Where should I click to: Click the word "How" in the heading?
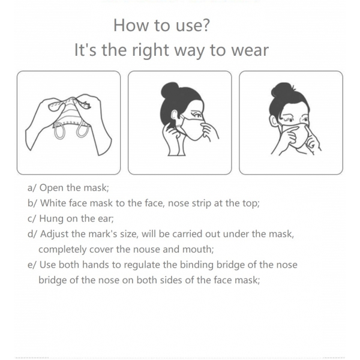coord(131,25)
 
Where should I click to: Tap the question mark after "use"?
coord(206,25)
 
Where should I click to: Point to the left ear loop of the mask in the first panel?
coord(59,130)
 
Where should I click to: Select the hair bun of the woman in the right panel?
coord(282,91)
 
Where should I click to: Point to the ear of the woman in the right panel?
coord(272,120)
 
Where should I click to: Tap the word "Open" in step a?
coord(51,188)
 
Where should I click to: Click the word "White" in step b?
coord(53,203)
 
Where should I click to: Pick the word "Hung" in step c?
coord(52,219)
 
